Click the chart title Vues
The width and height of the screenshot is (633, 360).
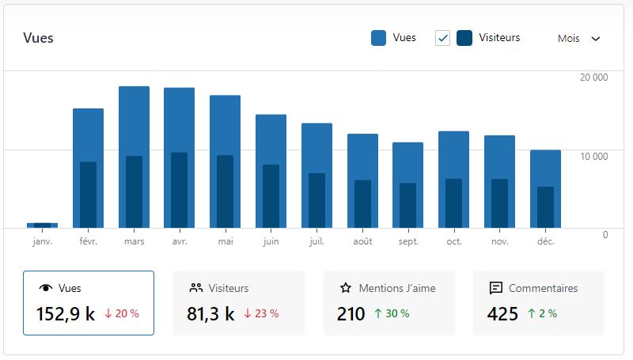click(38, 38)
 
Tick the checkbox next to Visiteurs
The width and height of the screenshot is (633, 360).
click(442, 38)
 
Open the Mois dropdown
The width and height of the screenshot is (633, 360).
click(579, 38)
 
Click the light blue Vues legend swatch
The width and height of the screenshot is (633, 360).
click(378, 38)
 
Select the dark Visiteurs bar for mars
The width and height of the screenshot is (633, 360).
click(134, 192)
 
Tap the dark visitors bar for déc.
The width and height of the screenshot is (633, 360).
click(545, 207)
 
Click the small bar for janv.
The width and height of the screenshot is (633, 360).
click(42, 225)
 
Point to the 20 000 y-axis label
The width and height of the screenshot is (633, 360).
click(593, 77)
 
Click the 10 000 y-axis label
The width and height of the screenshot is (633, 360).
click(593, 156)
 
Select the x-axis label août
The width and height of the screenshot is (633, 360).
click(362, 241)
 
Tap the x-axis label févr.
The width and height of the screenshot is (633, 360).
click(88, 241)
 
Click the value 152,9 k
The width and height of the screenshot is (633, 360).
click(66, 314)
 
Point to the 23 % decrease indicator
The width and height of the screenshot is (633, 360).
click(261, 313)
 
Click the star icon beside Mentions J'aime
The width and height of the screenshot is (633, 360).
click(345, 288)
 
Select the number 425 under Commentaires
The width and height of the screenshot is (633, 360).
click(502, 314)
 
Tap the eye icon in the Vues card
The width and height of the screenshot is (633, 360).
click(45, 288)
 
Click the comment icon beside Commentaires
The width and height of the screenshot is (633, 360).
click(496, 288)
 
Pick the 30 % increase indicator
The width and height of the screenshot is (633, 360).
click(392, 313)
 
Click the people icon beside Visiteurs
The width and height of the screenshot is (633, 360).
click(196, 288)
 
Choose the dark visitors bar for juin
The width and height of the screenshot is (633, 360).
click(271, 196)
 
